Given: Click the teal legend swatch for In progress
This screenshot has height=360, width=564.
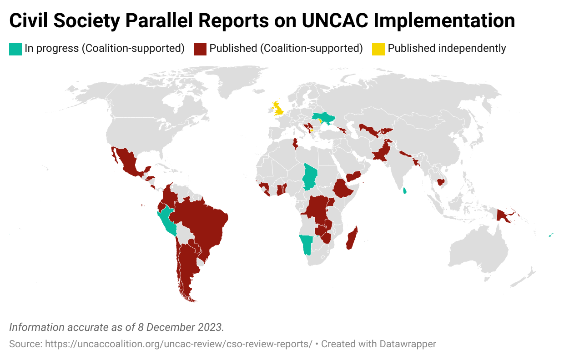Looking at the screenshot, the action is pyautogui.click(x=15, y=49).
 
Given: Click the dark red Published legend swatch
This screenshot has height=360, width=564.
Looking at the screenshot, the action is pyautogui.click(x=200, y=49).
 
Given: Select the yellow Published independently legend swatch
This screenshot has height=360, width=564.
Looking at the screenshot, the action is pyautogui.click(x=378, y=49).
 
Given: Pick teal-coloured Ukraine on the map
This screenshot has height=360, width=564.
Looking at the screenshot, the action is pyautogui.click(x=323, y=118).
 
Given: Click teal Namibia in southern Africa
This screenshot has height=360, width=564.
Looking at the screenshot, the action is pyautogui.click(x=307, y=243).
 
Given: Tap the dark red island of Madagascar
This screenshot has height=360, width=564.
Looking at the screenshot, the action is pyautogui.click(x=352, y=238).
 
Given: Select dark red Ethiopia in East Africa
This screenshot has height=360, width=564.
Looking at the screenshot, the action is pyautogui.click(x=343, y=189).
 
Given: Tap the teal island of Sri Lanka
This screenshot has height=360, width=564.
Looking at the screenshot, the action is pyautogui.click(x=405, y=190).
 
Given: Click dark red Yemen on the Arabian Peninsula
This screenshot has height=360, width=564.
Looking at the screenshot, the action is pyautogui.click(x=353, y=176).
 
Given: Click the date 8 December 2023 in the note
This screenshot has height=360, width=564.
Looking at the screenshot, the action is pyautogui.click(x=180, y=327).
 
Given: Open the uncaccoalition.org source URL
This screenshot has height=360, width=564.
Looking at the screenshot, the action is pyautogui.click(x=178, y=344).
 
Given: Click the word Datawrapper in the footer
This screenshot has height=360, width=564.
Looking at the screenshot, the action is pyautogui.click(x=408, y=344).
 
